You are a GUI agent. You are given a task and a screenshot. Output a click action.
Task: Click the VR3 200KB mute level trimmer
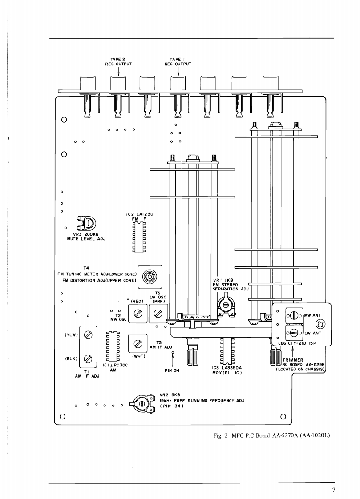pos(87,223)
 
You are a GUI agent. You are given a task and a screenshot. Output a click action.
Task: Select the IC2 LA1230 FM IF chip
pos(139,237)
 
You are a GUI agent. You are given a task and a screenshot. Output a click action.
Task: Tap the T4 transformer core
pos(150,277)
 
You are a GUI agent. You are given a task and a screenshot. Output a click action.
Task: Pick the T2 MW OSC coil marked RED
pos(138,314)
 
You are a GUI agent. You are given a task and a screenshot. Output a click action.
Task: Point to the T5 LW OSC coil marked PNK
pos(158,314)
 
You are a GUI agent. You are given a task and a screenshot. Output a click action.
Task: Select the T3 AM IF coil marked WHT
pos(138,343)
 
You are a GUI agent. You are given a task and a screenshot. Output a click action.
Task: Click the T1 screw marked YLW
pos(88,335)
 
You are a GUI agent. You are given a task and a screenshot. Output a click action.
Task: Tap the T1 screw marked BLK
pos(88,358)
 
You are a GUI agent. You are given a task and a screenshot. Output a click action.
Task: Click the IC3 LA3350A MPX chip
pos(227,350)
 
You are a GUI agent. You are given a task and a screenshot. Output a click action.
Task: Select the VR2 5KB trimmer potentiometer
pos(142,403)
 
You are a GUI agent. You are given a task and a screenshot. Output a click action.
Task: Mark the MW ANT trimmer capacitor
pos(294,316)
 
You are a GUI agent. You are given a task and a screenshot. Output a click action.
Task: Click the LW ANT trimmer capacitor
pos(294,333)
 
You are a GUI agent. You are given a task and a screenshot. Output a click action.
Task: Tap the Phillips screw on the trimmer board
pos(319,324)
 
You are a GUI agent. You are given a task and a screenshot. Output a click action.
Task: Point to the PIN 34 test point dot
pos(173,353)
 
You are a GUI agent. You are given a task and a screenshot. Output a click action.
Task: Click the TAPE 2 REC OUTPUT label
pos(118,62)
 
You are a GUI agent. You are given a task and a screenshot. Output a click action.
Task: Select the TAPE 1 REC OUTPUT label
pos(178,62)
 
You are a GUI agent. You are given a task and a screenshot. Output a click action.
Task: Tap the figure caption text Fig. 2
pos(221,435)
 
